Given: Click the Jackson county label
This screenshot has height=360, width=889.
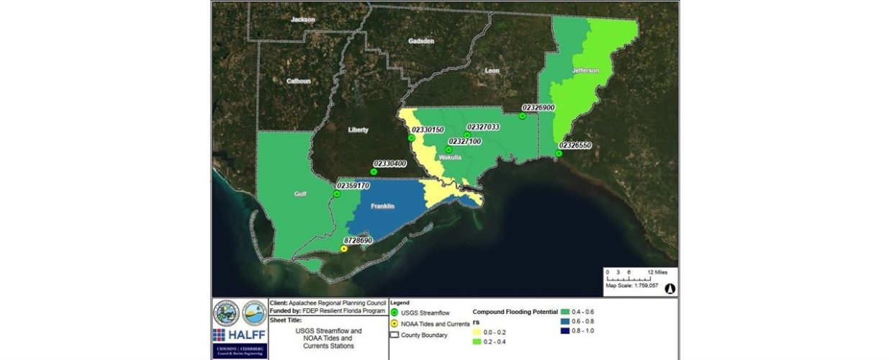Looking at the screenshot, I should click(302, 19).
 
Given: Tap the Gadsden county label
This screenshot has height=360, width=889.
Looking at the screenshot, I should click(421, 42).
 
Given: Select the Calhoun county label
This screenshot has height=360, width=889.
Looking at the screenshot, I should click(299, 81).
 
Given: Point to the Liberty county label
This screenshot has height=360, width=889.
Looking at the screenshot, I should click(358, 130).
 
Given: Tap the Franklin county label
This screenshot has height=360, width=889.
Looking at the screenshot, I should click(382, 207).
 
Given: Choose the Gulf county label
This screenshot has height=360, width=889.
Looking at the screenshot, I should click(300, 194).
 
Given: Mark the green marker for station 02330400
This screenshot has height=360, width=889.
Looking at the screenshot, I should click(374, 171).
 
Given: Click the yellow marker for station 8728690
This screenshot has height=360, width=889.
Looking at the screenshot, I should click(343, 248).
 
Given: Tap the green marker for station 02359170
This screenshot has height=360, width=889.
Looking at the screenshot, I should click(336, 194).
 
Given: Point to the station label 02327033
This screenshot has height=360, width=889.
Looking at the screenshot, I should click(483, 127).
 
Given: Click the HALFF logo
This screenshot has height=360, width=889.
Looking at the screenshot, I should click(238, 335).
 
